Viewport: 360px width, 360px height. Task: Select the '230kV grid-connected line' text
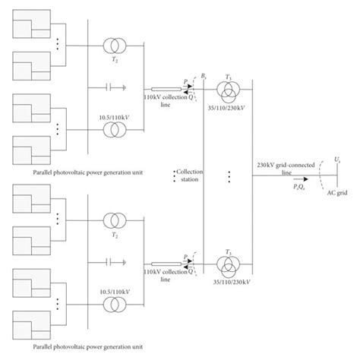[286, 168]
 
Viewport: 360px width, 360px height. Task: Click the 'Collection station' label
[187, 175]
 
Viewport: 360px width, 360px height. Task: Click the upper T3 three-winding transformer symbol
[229, 90]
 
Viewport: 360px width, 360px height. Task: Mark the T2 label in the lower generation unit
[115, 237]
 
